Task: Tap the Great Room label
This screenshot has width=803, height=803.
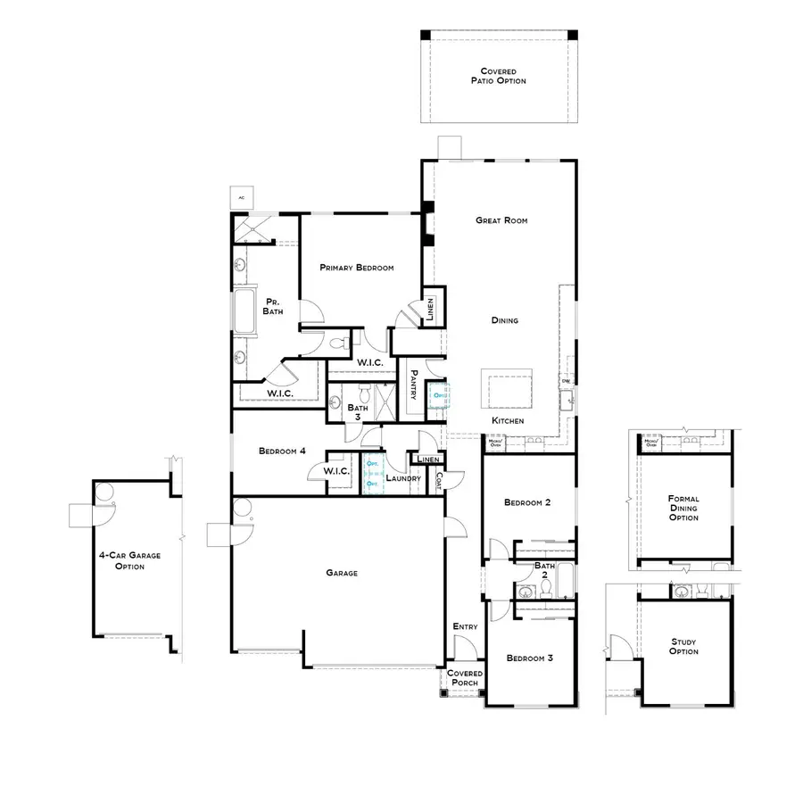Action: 502,219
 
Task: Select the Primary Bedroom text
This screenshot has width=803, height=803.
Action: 357,268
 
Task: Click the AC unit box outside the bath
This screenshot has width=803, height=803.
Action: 242,197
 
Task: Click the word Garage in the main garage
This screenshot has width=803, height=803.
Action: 341,573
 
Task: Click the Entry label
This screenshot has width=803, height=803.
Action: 465,626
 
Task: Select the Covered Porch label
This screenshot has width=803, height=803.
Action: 465,679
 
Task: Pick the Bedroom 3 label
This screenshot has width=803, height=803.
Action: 530,658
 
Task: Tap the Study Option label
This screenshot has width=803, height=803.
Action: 684,646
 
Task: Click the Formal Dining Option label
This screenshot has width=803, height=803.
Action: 683,509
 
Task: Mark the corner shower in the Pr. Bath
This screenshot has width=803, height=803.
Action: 252,230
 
